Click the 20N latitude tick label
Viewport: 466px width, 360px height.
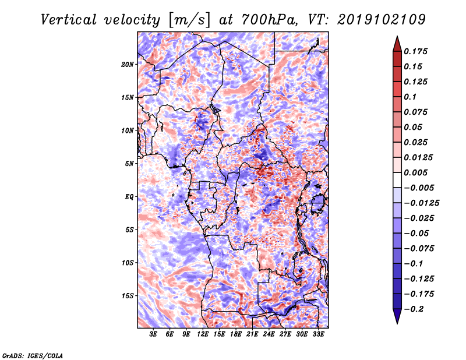coord(128,64)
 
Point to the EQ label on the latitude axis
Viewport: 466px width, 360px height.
coord(129,196)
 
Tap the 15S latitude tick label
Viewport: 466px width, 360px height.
coord(128,295)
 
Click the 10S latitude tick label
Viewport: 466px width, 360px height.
coord(128,262)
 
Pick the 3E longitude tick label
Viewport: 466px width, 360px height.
coord(154,334)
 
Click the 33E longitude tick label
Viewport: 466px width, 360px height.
coord(318,334)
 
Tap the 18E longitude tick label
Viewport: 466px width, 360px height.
coord(236,334)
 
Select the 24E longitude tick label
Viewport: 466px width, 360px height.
coord(269,334)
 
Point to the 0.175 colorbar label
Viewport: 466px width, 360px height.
coord(416,51)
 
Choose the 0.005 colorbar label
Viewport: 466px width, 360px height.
coord(416,172)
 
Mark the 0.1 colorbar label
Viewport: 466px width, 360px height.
coord(411,97)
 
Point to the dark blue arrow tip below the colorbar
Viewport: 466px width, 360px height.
coord(396,319)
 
